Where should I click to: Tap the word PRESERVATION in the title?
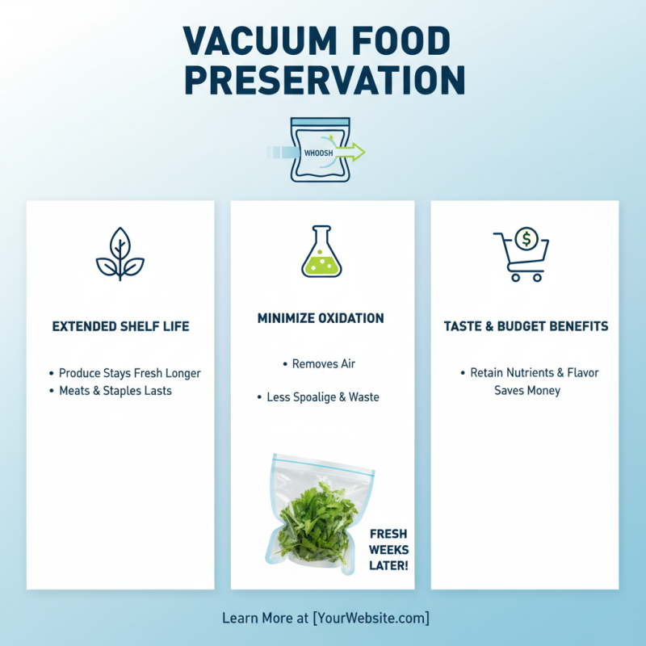click(323, 79)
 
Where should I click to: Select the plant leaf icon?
click(120, 254)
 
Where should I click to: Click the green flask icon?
click(321, 252)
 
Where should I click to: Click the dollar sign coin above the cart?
click(527, 238)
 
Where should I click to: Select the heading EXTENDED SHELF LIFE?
click(120, 326)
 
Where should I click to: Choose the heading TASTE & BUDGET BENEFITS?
click(526, 326)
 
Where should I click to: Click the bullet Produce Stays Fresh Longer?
click(129, 373)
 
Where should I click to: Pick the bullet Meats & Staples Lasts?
click(115, 391)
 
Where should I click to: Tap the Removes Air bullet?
click(323, 364)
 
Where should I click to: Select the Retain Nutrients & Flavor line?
click(534, 373)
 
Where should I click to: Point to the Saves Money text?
click(527, 391)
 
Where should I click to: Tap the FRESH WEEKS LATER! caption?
click(388, 549)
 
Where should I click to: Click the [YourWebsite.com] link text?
click(371, 619)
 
